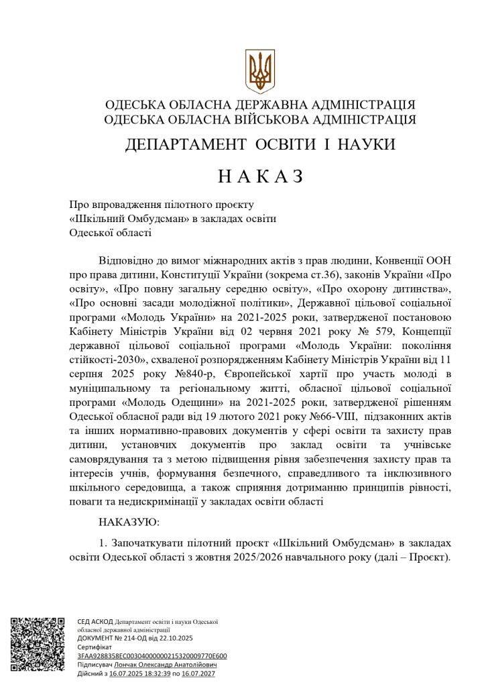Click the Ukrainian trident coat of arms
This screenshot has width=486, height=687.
click(x=259, y=70)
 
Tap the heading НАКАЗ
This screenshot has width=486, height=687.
click(x=261, y=177)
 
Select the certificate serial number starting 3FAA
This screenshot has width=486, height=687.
click(x=152, y=655)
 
